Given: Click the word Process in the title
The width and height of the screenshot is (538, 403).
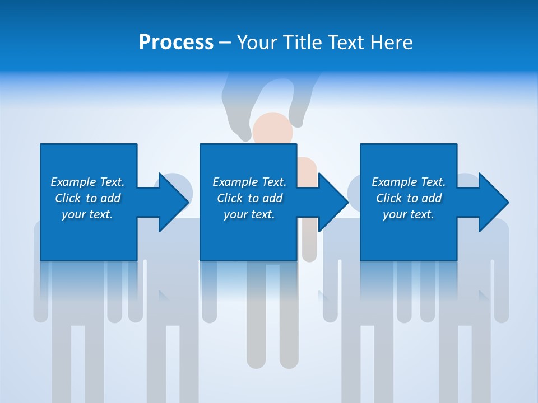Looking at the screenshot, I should tap(176, 43).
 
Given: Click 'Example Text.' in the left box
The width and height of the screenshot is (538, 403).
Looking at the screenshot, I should tap(87, 182).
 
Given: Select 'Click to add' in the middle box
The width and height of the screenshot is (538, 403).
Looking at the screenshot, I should tap(249, 198).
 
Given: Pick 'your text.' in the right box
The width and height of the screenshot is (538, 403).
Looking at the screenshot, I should tap(409, 214).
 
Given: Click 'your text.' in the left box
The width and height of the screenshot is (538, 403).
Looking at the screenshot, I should tap(87, 214).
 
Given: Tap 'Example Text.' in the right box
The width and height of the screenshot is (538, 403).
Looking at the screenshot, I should tap(409, 182).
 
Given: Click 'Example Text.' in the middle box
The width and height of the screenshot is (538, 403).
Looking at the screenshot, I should tap(249, 182).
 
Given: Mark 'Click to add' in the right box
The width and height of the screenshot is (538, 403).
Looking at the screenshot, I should tap(409, 198).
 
